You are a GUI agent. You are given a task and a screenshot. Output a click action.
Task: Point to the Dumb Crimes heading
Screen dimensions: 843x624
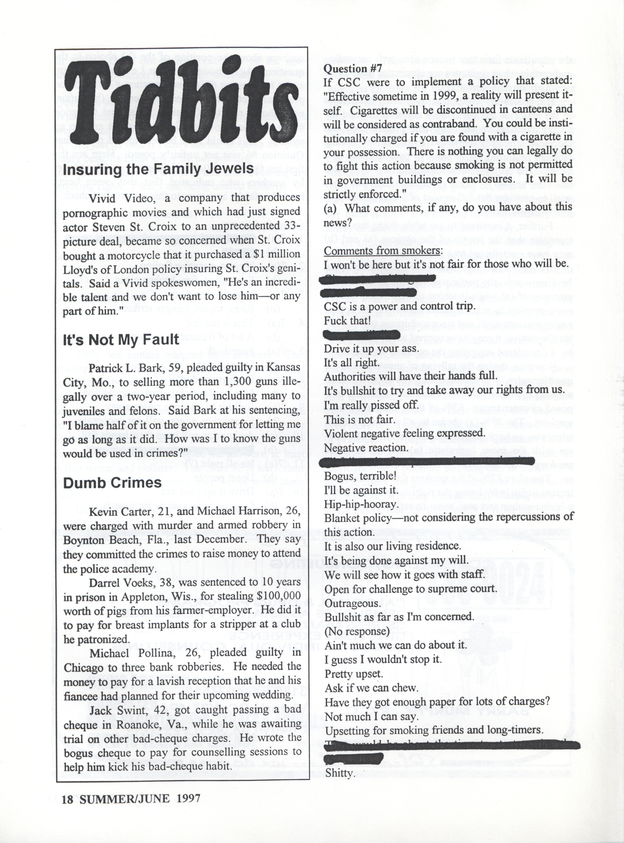click(112, 483)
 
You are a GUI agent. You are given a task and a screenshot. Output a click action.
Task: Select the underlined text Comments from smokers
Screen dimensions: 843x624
click(383, 251)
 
